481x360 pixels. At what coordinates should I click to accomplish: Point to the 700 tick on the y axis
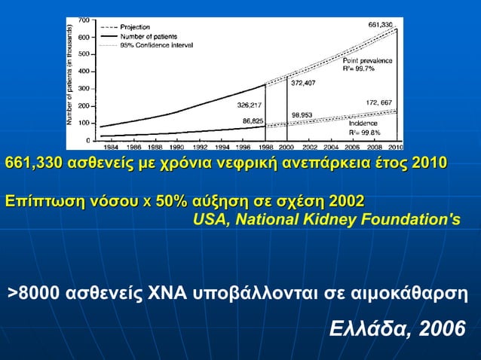pos(84,19)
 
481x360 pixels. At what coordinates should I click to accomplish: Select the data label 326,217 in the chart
pos(250,105)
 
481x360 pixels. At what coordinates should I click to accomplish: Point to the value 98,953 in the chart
pos(302,115)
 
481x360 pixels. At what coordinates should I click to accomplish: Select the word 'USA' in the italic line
pos(209,220)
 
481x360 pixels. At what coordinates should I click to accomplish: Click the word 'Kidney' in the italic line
pos(353,220)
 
